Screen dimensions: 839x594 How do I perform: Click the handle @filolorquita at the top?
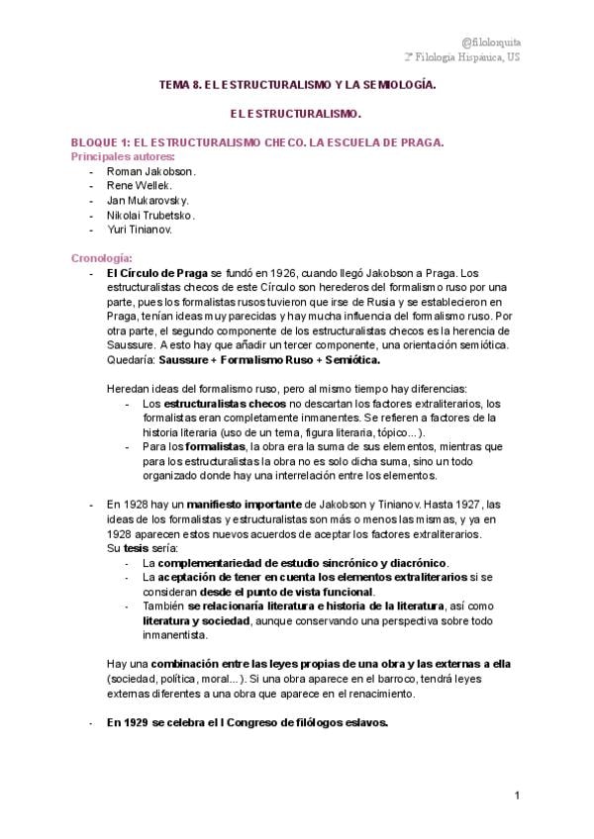491,41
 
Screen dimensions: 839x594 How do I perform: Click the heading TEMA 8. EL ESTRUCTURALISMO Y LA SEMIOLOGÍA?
297,87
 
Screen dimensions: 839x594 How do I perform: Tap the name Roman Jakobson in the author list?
150,171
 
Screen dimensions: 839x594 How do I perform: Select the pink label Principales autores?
122,156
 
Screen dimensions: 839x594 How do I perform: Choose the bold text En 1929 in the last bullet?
128,722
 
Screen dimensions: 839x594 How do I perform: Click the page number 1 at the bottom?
518,796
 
